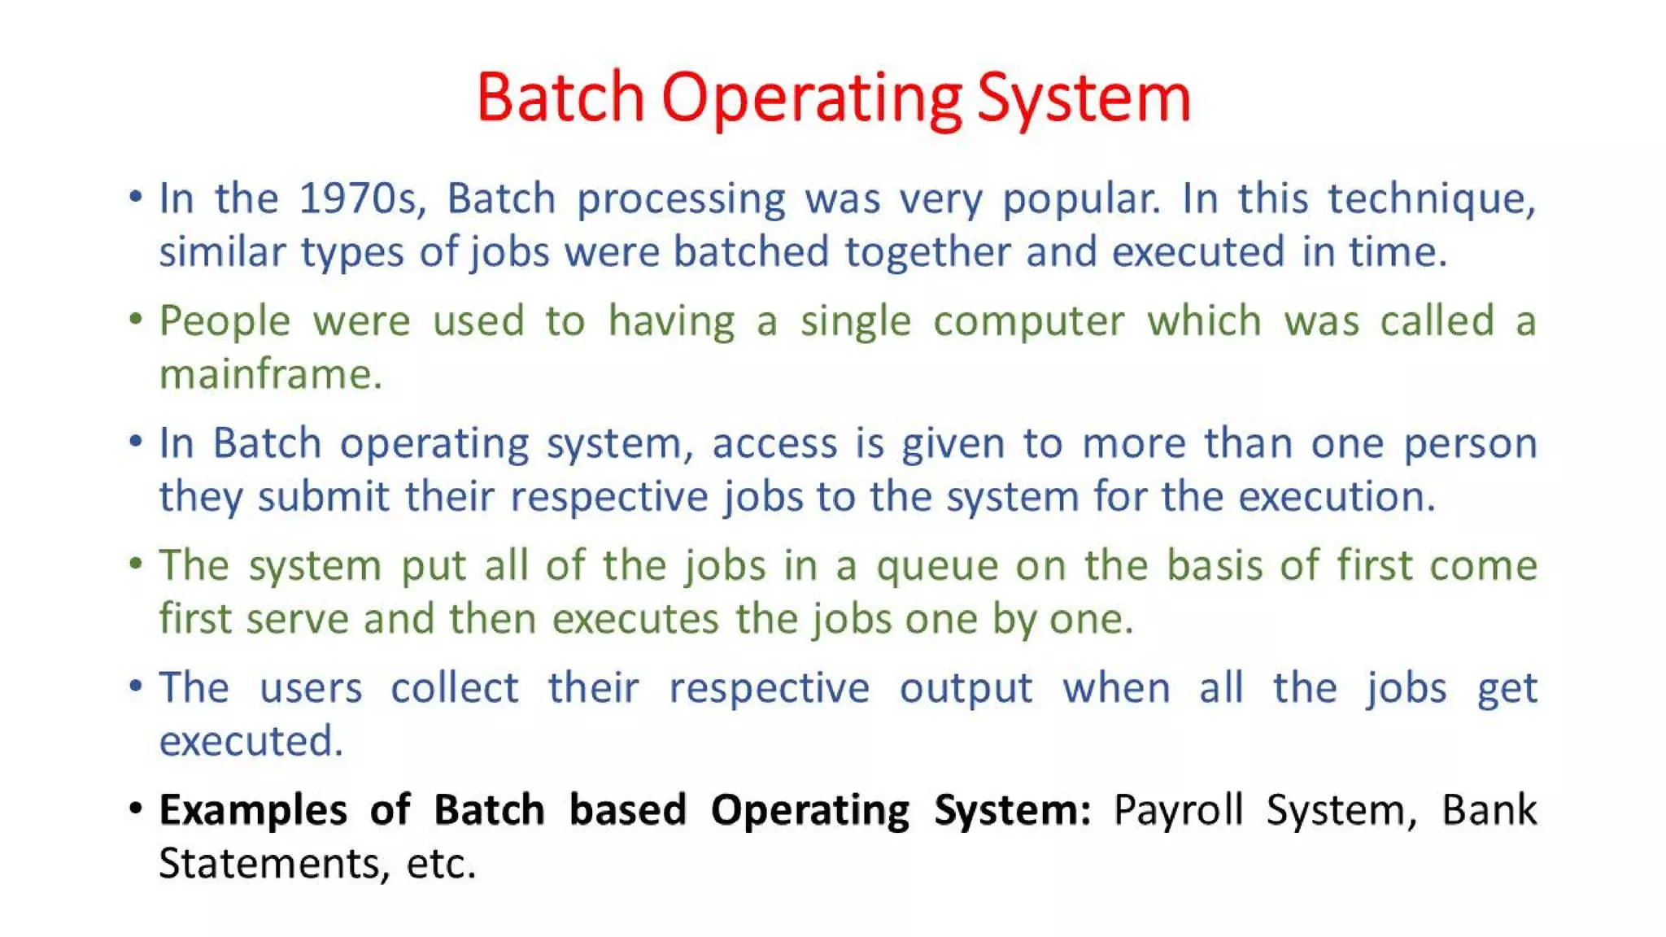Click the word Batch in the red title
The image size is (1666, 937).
point(560,98)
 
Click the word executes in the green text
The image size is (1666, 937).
point(635,620)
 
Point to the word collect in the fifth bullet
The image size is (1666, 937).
point(454,689)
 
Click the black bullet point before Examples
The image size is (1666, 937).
point(136,809)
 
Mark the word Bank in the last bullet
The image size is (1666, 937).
point(1489,811)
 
